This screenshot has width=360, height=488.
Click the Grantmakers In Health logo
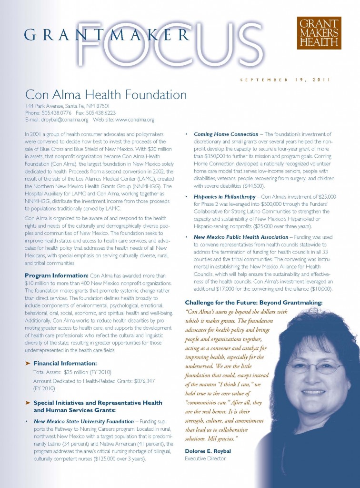319,33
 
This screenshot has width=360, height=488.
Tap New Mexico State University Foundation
84,421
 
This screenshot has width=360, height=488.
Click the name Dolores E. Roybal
208,450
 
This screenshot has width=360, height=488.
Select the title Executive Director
205,458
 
